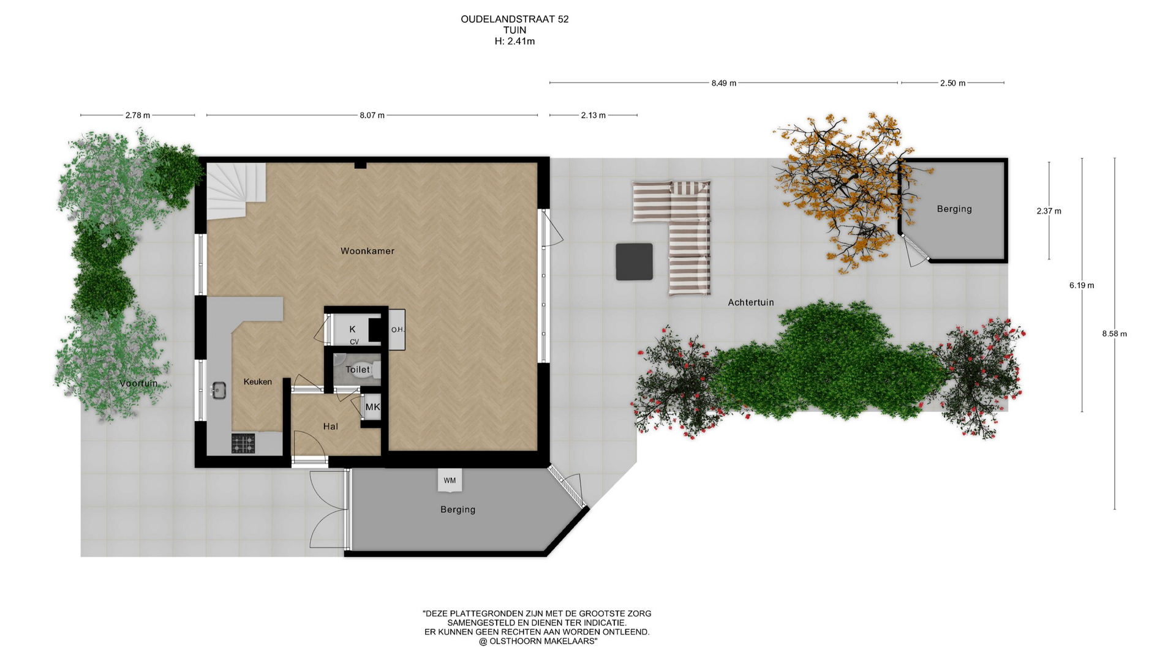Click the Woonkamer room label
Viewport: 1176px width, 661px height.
click(x=367, y=251)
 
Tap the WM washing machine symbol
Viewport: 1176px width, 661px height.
click(x=450, y=480)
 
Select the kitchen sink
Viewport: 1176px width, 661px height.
click(x=219, y=390)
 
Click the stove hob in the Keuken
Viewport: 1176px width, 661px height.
click(x=243, y=443)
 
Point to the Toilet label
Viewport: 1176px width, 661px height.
click(x=358, y=370)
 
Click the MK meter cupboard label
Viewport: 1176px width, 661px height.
click(x=372, y=407)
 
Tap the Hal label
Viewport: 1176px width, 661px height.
click(x=331, y=427)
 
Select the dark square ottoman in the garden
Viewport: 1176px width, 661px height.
click(x=634, y=261)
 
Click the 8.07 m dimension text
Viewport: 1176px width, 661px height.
click(x=372, y=115)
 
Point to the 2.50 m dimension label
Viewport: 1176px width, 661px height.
click(x=952, y=83)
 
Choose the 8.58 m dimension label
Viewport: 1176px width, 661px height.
click(x=1114, y=334)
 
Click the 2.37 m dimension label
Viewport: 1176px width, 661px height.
click(x=1049, y=211)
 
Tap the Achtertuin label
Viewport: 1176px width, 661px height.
click(x=751, y=302)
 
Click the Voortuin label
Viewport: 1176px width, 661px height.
click(x=138, y=383)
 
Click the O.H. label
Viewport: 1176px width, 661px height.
click(x=398, y=330)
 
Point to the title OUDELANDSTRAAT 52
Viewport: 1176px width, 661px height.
click(x=514, y=19)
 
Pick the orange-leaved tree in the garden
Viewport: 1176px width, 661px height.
click(x=844, y=190)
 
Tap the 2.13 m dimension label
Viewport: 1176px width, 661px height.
click(x=594, y=115)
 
